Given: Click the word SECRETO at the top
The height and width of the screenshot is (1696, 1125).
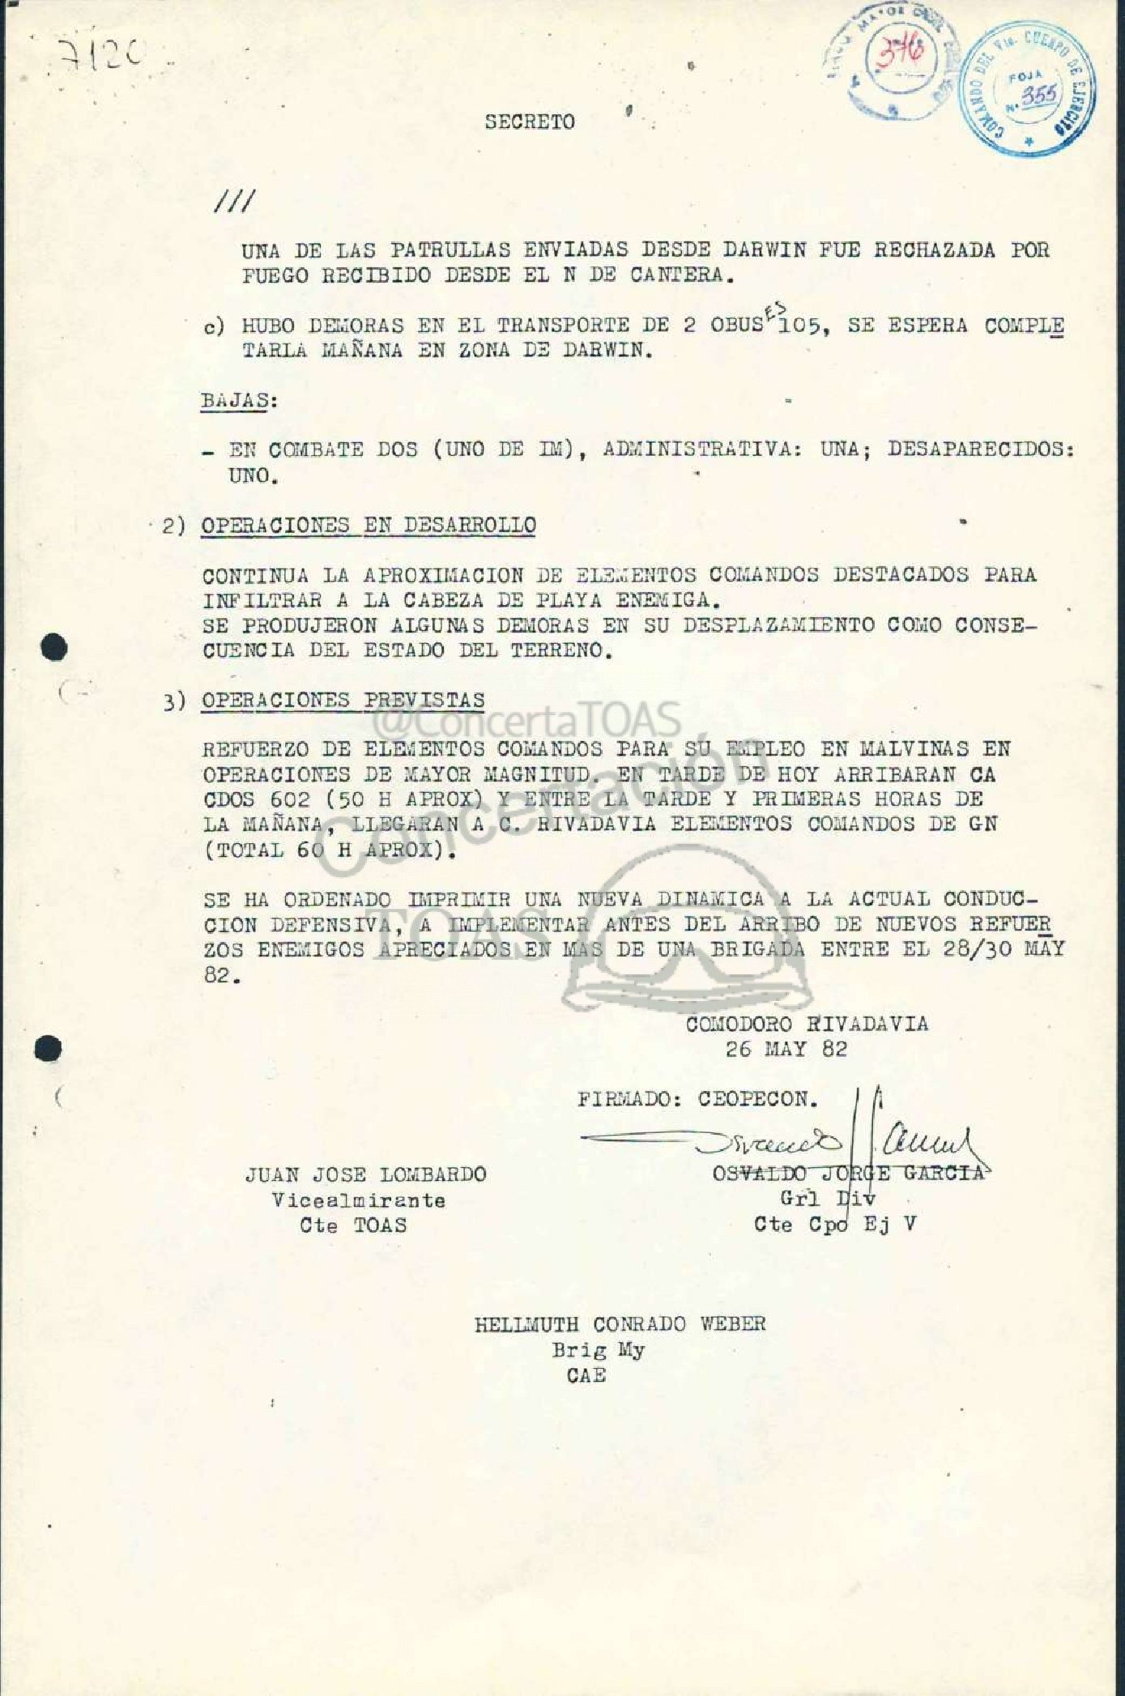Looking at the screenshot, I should pos(530,121).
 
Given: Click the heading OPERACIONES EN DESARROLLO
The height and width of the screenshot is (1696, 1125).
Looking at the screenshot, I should pos(369,525).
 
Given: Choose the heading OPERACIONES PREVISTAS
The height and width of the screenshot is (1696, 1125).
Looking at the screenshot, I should pos(343,700).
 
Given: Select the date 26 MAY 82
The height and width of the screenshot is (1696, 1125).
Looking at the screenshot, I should pos(786,1049).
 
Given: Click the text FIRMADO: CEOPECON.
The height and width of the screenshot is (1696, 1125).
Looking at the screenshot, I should pos(697,1100).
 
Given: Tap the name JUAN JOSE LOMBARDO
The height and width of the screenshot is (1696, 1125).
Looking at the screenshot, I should pos(365,1174).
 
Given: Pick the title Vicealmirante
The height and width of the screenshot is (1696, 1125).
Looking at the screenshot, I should pos(358,1200).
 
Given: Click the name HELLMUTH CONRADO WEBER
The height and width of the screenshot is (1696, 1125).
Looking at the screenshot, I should pos(620,1323).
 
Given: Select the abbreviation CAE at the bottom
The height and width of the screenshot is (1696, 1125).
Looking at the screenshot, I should pos(586,1374).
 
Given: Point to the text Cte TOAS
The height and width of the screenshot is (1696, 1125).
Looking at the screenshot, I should pos(353,1225).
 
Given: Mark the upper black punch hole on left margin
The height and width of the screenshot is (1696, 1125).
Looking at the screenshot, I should pos(54,648).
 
